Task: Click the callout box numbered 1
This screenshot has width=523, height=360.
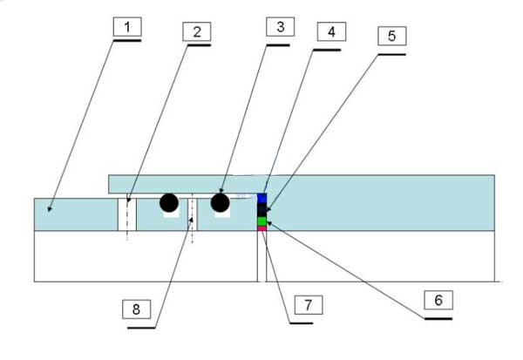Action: (x=127, y=28)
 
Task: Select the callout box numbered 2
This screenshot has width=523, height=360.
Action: (x=197, y=32)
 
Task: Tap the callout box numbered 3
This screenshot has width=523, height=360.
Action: (x=278, y=27)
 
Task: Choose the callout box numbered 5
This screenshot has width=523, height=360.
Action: (x=391, y=37)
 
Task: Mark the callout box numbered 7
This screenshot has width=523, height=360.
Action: (x=302, y=305)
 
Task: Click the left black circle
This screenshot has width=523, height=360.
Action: (x=169, y=203)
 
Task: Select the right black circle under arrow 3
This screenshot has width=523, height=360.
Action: (x=219, y=203)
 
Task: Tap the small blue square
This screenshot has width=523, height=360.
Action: (x=261, y=199)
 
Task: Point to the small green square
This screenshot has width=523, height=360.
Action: (x=261, y=221)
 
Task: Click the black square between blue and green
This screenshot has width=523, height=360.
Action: (x=261, y=210)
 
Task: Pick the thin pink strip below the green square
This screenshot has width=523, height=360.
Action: (x=261, y=228)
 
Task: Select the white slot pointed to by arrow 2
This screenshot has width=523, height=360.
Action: (x=127, y=214)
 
